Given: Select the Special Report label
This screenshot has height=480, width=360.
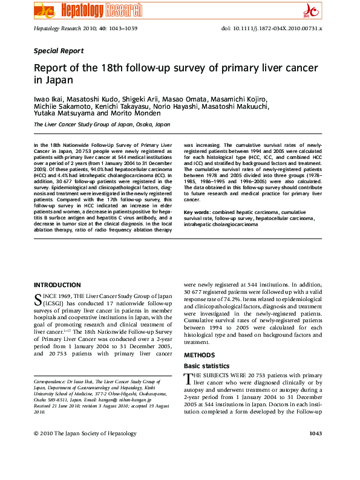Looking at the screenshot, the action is tap(59, 51).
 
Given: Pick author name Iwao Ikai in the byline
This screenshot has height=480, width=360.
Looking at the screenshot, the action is tap(49, 98).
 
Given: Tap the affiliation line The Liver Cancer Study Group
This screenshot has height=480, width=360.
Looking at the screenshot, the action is tap(102, 124).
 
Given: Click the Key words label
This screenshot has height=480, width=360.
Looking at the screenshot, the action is tap(197, 212).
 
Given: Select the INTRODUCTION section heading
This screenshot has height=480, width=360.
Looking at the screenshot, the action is tap(57, 285).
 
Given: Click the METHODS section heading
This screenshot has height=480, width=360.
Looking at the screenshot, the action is tap(198, 355).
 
